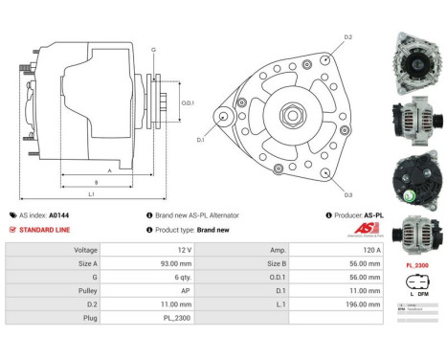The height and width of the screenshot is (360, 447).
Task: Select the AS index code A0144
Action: [x=59, y=215]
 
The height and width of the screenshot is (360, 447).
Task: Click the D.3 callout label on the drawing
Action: [x=347, y=194]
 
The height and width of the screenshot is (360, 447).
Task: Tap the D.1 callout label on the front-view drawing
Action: [x=202, y=140]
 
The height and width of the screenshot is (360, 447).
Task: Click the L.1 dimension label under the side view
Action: [x=92, y=193]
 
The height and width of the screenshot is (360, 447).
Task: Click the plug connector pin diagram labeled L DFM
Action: [x=416, y=288]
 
